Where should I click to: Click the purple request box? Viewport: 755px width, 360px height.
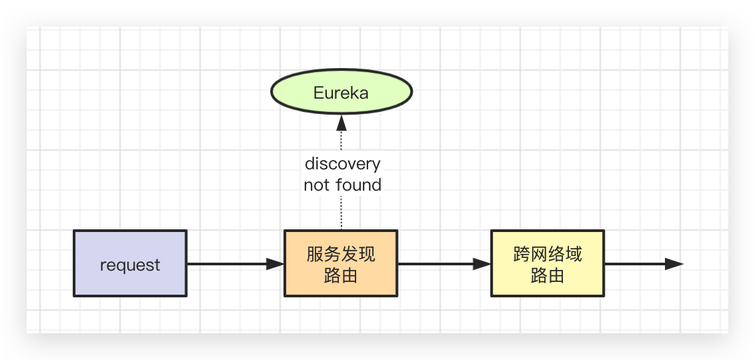[130, 263]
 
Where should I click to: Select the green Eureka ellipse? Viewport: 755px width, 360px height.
[341, 93]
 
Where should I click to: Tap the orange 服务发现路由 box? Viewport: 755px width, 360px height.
[341, 263]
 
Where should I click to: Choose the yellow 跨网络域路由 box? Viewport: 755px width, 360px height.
[548, 263]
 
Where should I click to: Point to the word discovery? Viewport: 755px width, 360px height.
[342, 163]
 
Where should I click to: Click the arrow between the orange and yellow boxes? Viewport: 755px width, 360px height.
[440, 264]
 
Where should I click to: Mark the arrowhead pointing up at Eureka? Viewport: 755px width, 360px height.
[341, 122]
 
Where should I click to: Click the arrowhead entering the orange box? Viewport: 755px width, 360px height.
[275, 264]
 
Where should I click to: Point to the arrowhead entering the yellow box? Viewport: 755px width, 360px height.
[482, 264]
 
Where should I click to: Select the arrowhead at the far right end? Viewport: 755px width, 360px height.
[674, 264]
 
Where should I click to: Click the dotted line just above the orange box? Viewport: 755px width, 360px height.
[341, 213]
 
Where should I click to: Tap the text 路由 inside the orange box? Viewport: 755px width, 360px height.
[341, 275]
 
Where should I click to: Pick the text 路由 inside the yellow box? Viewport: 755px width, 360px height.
[548, 275]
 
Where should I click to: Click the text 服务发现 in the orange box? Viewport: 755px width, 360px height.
[341, 254]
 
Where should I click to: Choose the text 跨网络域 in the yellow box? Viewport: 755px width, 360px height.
[548, 254]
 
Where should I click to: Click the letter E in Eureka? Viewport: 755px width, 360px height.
[318, 93]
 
